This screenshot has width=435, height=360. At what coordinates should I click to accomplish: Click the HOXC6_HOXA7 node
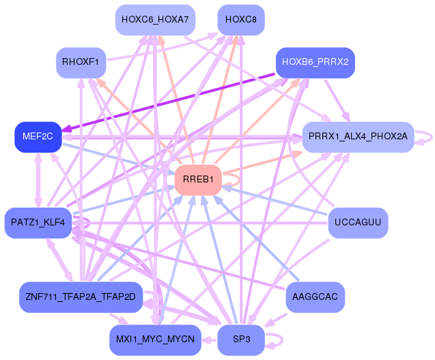click(x=154, y=19)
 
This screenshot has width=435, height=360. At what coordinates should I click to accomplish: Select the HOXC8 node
click(x=240, y=19)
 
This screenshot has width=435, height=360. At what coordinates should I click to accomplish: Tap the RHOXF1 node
click(x=81, y=63)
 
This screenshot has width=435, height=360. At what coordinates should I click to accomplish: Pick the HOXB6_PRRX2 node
click(x=314, y=62)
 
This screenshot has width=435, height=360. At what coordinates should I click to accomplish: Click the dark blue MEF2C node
click(x=38, y=137)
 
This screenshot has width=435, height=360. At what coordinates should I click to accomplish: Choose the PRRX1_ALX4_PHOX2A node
click(x=358, y=137)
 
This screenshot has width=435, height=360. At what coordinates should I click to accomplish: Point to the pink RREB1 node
click(x=198, y=180)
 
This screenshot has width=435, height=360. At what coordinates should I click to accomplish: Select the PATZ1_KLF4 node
click(x=38, y=223)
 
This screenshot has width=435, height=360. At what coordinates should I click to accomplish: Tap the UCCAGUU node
click(x=358, y=223)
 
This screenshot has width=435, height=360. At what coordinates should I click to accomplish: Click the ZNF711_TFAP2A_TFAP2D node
click(x=81, y=296)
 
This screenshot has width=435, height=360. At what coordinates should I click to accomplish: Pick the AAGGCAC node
click(x=314, y=296)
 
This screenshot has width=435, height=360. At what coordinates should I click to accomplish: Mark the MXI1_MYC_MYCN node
click(x=154, y=340)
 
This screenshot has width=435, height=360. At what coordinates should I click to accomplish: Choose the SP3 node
click(x=240, y=340)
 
